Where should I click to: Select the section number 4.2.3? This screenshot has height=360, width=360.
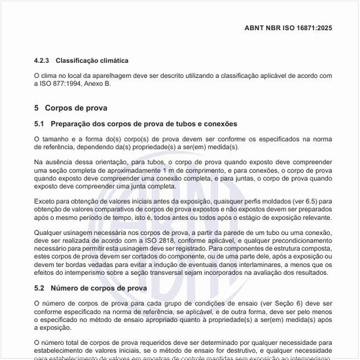point(42,61)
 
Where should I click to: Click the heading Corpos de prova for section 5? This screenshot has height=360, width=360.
point(76,107)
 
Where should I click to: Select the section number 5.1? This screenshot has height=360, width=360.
point(39,124)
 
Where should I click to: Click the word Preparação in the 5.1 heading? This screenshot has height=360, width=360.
point(71,124)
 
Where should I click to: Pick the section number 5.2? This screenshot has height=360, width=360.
point(39,288)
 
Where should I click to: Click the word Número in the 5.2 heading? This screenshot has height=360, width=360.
point(65,288)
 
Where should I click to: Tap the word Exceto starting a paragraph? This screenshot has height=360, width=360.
point(45,201)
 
